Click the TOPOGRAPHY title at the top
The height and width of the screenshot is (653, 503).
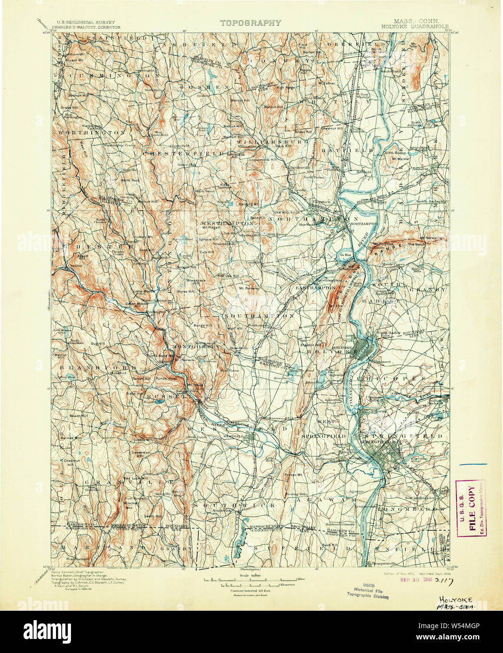pyautogui.click(x=250, y=23)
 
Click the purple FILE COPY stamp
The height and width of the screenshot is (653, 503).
pyautogui.click(x=471, y=508)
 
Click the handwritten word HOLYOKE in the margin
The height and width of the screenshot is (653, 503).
pyautogui.click(x=455, y=600)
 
